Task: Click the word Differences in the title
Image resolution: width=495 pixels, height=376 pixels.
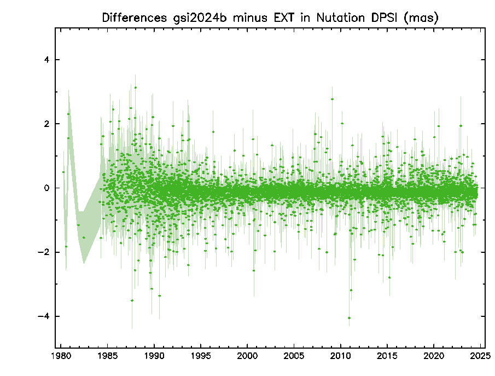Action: (134, 18)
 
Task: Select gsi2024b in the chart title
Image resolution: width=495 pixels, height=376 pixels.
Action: (200, 18)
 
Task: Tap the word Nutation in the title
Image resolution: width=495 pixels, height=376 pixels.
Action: (341, 18)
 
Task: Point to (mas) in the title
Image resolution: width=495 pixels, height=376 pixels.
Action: (421, 18)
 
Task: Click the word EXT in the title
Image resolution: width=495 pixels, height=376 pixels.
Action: (283, 18)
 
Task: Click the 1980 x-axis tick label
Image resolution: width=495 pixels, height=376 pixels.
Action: (61, 356)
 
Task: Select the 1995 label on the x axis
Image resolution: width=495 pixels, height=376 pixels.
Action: (201, 356)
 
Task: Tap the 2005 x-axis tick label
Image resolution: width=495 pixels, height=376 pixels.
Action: (294, 356)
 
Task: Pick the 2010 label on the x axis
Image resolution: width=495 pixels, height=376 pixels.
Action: (341, 356)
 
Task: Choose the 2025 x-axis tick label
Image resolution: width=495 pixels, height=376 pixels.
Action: (480, 356)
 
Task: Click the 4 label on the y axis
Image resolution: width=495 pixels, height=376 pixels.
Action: (46, 60)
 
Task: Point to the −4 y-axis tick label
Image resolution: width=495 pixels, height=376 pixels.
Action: (44, 316)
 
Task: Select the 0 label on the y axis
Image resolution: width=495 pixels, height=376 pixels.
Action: (46, 188)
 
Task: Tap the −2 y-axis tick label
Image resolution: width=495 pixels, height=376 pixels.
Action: (44, 252)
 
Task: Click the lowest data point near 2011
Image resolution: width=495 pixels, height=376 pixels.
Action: (349, 318)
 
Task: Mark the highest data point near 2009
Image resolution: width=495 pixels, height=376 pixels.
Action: (332, 99)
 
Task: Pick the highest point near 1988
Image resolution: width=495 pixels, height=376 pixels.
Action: (136, 88)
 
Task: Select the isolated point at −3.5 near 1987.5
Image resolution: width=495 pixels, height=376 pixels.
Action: (132, 300)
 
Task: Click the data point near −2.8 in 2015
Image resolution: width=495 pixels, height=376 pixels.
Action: (389, 277)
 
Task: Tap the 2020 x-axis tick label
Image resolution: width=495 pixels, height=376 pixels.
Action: (434, 356)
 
